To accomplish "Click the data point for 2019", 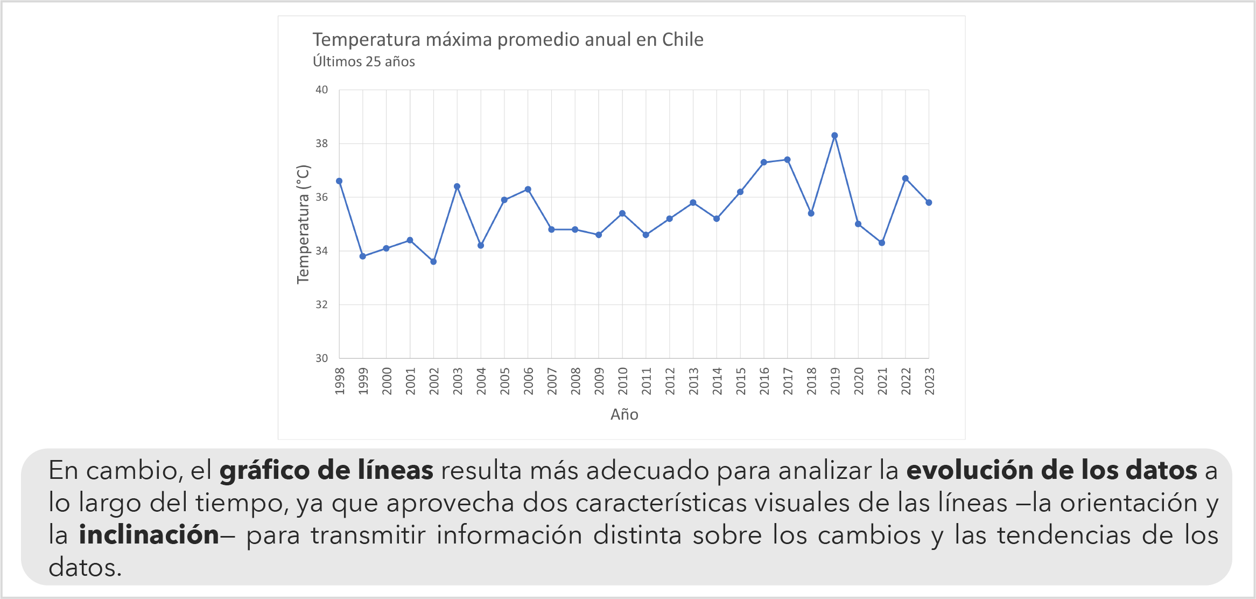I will point(834,136).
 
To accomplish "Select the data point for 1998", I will point(339,181).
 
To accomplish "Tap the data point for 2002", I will point(433,262).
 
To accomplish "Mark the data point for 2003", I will point(457,186).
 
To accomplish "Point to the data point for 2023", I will point(929,203).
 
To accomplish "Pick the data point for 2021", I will point(882,243).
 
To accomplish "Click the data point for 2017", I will point(787,159).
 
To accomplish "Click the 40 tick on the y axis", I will point(321,90).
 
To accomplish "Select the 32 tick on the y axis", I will point(321,305).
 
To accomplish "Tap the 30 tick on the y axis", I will point(321,358).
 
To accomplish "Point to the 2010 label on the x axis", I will point(623,381).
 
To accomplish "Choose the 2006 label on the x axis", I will point(528,381).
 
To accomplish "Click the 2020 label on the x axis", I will point(859,381).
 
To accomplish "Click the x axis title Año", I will point(625,414).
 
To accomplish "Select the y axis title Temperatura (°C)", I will point(303,224).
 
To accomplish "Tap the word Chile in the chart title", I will point(683,40).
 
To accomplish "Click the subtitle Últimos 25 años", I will point(364,62).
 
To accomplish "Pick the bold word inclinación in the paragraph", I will point(149,535).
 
